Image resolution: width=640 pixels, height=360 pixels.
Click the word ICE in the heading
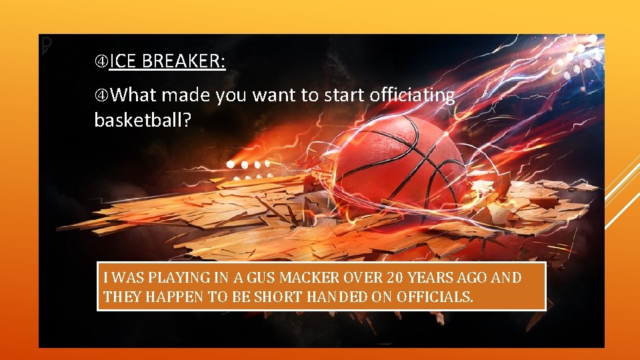tap(123, 62)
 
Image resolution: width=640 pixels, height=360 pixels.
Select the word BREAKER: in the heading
tap(184, 62)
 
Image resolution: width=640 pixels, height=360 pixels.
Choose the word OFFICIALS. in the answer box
tap(434, 297)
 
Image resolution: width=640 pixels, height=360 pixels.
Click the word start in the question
tap(343, 96)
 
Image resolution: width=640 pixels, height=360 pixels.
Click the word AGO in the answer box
tap(465, 278)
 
